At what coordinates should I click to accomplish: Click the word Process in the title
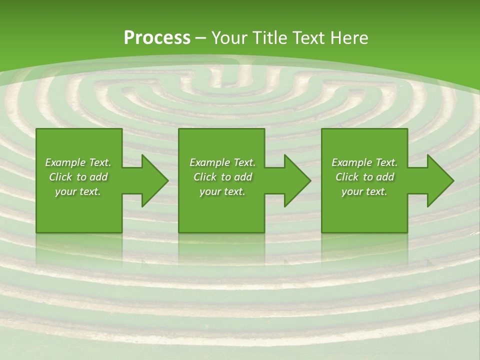click(x=157, y=38)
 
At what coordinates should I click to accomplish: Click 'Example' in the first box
click(x=65, y=162)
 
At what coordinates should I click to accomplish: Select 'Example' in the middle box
click(x=209, y=162)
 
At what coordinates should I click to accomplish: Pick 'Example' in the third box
click(x=351, y=162)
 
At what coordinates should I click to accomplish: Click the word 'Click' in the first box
click(x=60, y=177)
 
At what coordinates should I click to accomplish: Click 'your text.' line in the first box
click(x=78, y=191)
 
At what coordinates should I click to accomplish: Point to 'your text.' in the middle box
click(x=222, y=191)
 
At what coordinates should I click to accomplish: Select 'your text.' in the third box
click(x=364, y=191)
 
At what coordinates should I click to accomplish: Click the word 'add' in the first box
click(x=99, y=177)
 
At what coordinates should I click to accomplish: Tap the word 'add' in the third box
click(x=385, y=177)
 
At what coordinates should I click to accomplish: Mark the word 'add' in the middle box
click(x=243, y=177)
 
